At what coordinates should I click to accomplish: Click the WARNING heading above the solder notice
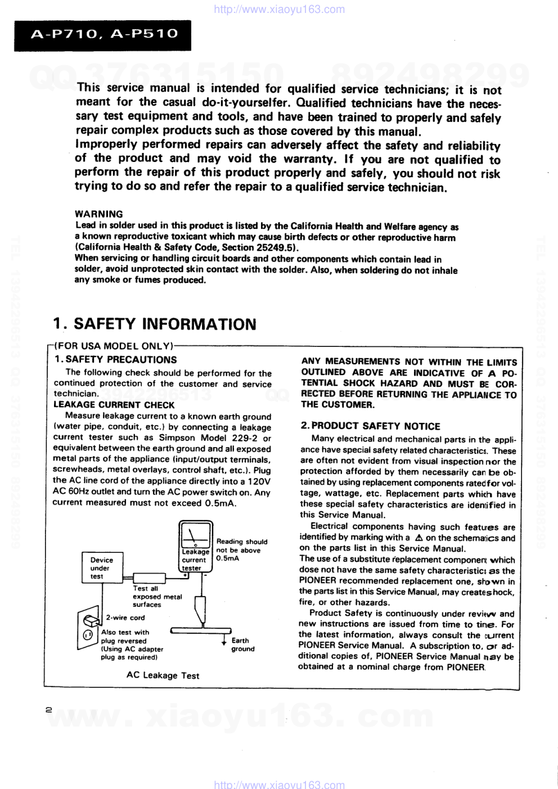pos(98,214)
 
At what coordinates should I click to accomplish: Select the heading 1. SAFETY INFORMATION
pos(155,324)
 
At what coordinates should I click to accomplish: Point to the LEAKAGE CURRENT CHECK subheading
pos(114,405)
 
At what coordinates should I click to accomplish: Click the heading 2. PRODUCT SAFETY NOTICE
pos(370,426)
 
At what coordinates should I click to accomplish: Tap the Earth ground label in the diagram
pos(242,644)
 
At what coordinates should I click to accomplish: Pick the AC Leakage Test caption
pos(163,675)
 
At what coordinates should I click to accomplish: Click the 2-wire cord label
pos(125,617)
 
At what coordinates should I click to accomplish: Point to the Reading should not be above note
pos(241,550)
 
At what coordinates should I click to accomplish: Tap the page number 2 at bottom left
pos(49,710)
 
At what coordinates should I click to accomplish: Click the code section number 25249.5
pos(276,247)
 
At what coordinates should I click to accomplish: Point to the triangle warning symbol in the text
pos(418,538)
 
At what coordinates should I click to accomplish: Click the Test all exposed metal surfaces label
pos(157,597)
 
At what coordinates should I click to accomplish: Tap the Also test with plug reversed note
pos(132,644)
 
